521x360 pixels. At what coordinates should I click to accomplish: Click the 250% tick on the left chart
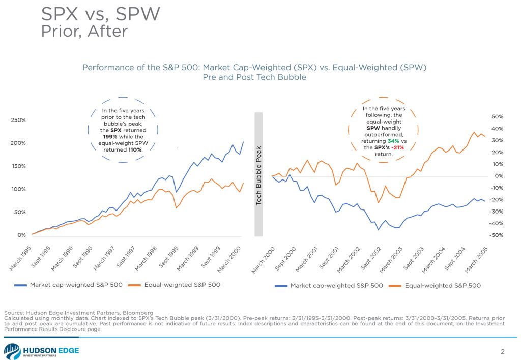click(x=19, y=120)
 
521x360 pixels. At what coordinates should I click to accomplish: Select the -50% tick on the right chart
click(x=496, y=235)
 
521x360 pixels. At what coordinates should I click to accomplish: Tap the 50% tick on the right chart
click(x=496, y=116)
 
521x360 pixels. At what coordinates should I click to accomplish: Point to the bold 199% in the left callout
click(x=111, y=137)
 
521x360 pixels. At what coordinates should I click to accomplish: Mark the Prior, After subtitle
click(x=83, y=31)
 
